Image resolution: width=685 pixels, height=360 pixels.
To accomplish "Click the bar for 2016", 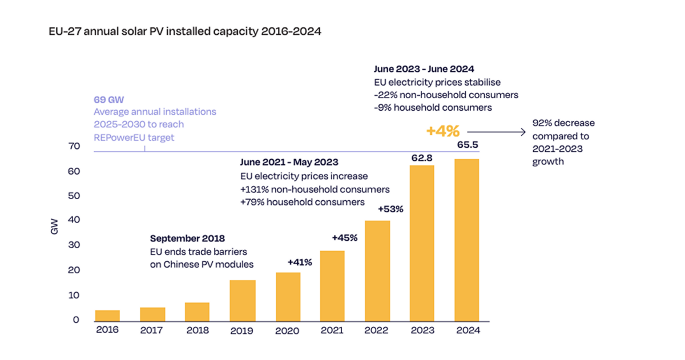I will pyautogui.click(x=107, y=315).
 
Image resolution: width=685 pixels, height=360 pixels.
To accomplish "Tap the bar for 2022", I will pyautogui.click(x=377, y=270).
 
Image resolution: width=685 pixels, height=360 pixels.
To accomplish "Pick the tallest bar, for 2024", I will pyautogui.click(x=466, y=240).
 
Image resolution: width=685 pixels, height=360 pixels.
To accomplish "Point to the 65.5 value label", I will pyautogui.click(x=467, y=145).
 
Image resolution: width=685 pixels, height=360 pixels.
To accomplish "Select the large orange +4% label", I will pyautogui.click(x=442, y=131).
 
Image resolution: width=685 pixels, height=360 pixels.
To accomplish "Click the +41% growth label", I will pyautogui.click(x=300, y=262).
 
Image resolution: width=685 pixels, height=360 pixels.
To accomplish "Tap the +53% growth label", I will pyautogui.click(x=390, y=209).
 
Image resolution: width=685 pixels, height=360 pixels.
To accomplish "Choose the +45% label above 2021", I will pyautogui.click(x=345, y=237).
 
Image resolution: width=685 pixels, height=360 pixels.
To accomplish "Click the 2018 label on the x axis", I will pyautogui.click(x=197, y=330).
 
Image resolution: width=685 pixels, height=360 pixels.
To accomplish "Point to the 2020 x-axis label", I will pyautogui.click(x=287, y=330).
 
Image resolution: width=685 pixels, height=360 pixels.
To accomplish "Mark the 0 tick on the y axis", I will pyautogui.click(x=75, y=320).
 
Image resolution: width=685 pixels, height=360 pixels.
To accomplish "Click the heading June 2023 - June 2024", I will pyautogui.click(x=424, y=70).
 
